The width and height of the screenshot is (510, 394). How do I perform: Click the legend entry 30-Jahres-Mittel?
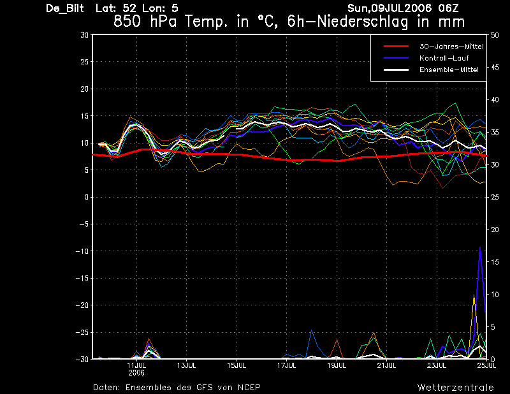451,47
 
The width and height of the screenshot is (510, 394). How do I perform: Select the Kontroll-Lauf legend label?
444,58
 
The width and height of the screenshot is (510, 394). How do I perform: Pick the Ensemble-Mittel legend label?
449,69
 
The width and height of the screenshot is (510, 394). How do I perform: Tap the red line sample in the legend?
396,47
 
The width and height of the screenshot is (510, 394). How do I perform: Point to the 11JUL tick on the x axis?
136,365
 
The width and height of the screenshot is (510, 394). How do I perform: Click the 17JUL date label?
286,365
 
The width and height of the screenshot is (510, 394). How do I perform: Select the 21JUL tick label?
387,365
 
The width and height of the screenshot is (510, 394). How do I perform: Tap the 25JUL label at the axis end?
486,365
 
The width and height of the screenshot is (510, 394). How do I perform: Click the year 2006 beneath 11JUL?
136,373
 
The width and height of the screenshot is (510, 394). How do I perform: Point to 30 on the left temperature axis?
85,35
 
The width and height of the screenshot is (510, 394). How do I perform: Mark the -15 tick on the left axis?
82,278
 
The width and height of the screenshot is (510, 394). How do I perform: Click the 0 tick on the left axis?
87,197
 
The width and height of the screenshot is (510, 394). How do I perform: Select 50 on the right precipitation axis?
495,35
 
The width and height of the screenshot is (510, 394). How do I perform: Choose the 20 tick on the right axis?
495,230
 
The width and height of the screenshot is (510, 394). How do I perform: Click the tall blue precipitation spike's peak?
480,247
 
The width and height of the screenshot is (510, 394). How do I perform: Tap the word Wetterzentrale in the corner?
456,387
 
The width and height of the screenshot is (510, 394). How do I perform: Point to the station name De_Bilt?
65,8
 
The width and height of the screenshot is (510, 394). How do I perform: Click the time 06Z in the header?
448,8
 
